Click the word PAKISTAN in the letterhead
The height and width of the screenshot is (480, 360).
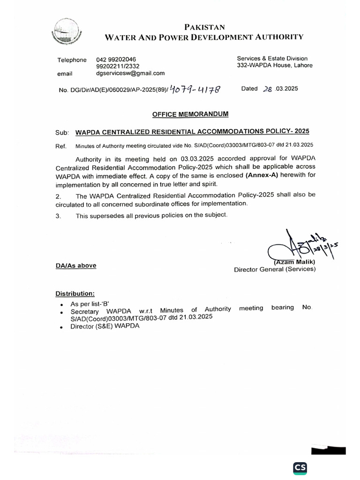pyautogui.click(x=204, y=28)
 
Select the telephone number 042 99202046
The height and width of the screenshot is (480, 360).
pyautogui.click(x=116, y=59)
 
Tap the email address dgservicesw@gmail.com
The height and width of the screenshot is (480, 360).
pyautogui.click(x=130, y=73)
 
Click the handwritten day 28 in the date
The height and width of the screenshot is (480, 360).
pyautogui.click(x=268, y=89)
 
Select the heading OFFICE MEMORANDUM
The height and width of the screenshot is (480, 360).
pyautogui.click(x=190, y=114)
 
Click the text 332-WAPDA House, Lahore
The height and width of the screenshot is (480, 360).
pyautogui.click(x=274, y=66)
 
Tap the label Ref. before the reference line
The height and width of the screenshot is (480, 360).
pyautogui.click(x=61, y=146)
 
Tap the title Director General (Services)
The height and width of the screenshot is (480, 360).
pyautogui.click(x=275, y=269)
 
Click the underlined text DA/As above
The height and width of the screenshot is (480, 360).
pyautogui.click(x=76, y=265)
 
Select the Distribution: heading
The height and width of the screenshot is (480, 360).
pyautogui.click(x=75, y=293)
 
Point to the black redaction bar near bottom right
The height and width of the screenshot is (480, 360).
pyautogui.click(x=328, y=451)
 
